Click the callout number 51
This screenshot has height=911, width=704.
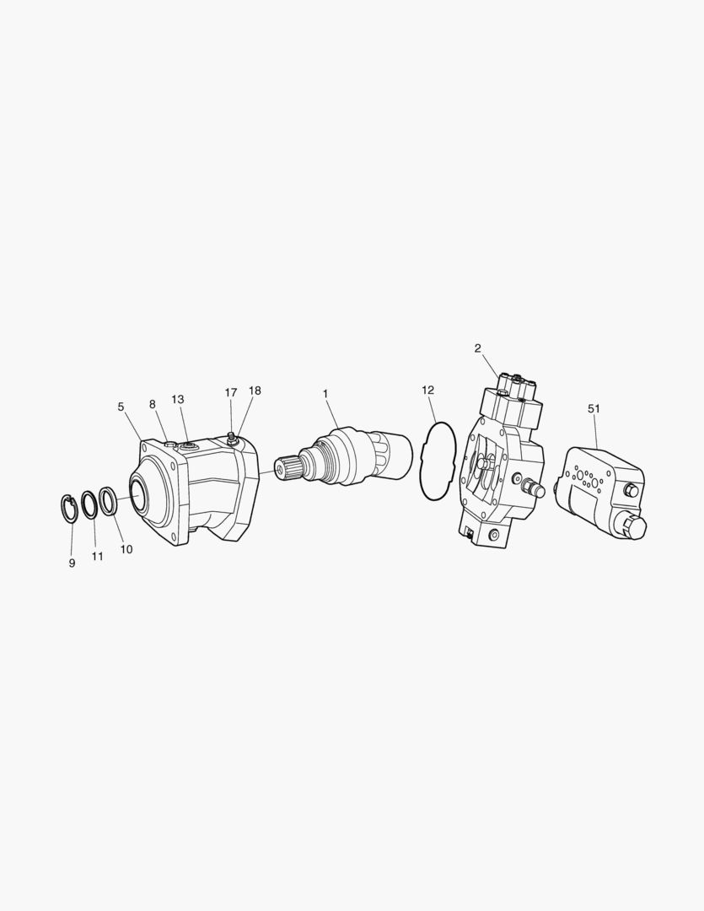coord(593,408)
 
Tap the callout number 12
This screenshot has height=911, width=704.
coord(428,390)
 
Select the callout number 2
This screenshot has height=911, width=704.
coord(477,348)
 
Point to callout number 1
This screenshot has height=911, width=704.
coord(325,393)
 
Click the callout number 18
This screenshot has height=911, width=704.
coord(255,391)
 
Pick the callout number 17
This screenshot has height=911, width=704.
coord(231,392)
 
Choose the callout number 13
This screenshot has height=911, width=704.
coord(178,399)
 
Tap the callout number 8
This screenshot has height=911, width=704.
coord(153,404)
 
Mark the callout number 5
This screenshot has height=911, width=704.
coord(121,407)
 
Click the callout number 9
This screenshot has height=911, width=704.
coord(72,563)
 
